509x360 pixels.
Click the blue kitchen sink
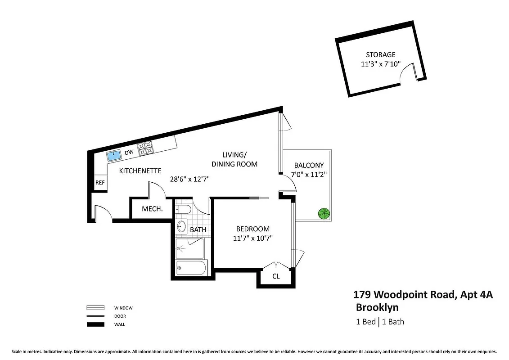(x=114, y=156)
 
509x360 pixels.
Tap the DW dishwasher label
(x=129, y=153)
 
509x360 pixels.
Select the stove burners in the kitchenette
(x=145, y=149)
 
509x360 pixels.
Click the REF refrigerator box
(x=100, y=183)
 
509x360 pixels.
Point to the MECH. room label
(x=152, y=209)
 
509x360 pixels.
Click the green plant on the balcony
(x=323, y=213)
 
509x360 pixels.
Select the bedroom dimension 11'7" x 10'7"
(x=252, y=238)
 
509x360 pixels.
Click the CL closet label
(x=276, y=276)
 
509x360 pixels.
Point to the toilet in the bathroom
(x=182, y=210)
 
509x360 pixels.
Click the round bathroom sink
(x=181, y=226)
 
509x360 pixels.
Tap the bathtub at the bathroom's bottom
(x=191, y=269)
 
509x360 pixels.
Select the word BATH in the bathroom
(x=198, y=229)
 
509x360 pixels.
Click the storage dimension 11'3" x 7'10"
(x=380, y=64)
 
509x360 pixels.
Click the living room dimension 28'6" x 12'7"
(x=189, y=179)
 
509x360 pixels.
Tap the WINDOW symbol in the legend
(x=95, y=308)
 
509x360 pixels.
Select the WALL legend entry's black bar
(x=95, y=324)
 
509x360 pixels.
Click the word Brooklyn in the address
(x=377, y=308)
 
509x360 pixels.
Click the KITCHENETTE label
(x=140, y=171)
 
